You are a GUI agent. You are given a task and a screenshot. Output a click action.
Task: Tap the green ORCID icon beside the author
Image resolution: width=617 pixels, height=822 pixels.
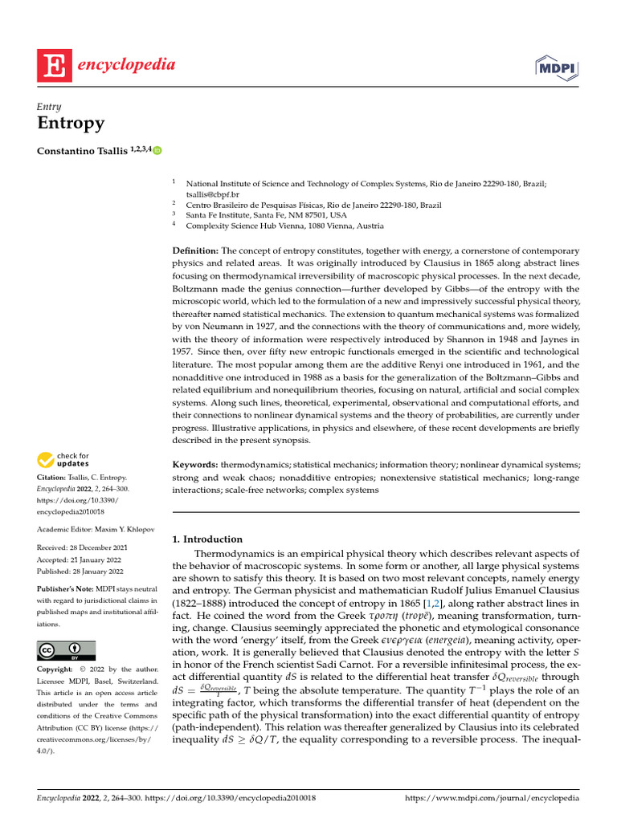pos(157,150)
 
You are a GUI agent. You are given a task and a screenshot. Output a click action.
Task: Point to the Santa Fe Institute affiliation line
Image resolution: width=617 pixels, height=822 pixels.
pos(266,215)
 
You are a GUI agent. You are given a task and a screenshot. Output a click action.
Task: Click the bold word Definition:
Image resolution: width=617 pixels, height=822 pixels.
pos(196,251)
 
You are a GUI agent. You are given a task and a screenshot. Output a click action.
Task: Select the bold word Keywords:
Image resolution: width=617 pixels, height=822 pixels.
pos(196,465)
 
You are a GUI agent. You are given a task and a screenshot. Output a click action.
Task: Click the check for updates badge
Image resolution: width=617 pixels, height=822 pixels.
pos(63,460)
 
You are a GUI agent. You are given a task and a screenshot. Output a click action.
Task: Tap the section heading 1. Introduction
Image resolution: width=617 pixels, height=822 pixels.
pos(207,539)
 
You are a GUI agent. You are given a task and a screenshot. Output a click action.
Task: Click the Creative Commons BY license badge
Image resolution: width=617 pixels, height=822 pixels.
pos(66,650)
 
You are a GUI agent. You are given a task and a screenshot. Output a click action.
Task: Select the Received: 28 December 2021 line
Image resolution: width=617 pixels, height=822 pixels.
pos(82,547)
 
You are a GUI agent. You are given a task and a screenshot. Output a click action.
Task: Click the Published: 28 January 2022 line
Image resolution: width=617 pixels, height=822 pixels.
pos(80,572)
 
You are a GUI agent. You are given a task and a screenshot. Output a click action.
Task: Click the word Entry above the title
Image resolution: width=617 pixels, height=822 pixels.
pos(49,106)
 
